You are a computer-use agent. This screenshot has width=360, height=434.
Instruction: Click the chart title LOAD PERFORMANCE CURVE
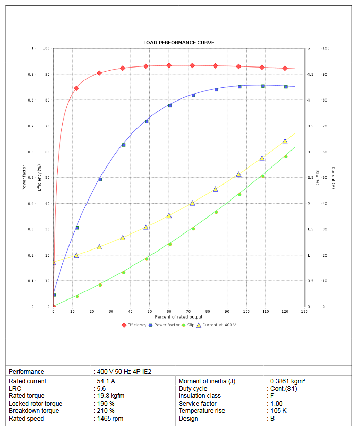pyautogui.click(x=178, y=42)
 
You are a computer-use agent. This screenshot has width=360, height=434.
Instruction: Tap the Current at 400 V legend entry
pyautogui.click(x=219, y=325)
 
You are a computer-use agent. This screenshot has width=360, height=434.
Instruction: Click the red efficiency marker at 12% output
pyautogui.click(x=76, y=88)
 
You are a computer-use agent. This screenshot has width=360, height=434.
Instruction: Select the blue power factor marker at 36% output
pyautogui.click(x=123, y=145)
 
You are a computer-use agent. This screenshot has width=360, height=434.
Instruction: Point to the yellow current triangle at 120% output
pyautogui.click(x=285, y=141)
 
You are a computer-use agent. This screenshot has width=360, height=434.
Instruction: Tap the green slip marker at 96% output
pyautogui.click(x=239, y=194)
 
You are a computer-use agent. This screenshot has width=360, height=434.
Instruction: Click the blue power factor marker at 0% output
pyautogui.click(x=54, y=295)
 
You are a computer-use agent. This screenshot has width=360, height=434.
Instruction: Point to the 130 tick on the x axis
pyautogui.click(x=304, y=312)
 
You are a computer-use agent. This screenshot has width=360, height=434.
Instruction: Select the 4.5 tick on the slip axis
pyautogui.click(x=310, y=75)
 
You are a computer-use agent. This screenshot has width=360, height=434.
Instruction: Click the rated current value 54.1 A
pyautogui.click(x=106, y=381)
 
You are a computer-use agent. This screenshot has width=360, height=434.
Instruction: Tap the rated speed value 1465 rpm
pyautogui.click(x=110, y=419)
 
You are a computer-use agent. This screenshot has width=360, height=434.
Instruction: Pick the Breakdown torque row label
pyautogui.click(x=34, y=411)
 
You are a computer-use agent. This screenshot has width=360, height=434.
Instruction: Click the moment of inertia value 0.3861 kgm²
pyautogui.click(x=287, y=381)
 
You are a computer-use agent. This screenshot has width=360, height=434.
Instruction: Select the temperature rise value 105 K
pyautogui.click(x=279, y=411)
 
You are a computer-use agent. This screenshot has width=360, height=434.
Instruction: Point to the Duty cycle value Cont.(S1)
pyautogui.click(x=283, y=389)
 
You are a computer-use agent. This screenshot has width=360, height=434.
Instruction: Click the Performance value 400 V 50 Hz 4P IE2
pyautogui.click(x=124, y=371)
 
